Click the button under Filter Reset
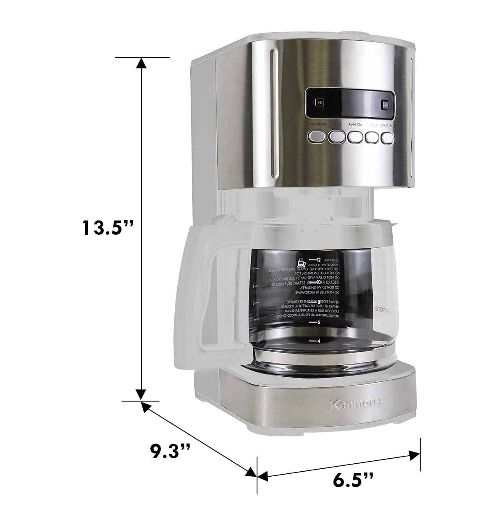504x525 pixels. (317, 136)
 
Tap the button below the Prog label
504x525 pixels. (336, 137)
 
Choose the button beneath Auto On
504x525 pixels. (355, 137)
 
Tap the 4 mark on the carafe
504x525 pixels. (318, 341)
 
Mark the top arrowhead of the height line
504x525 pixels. (142, 63)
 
